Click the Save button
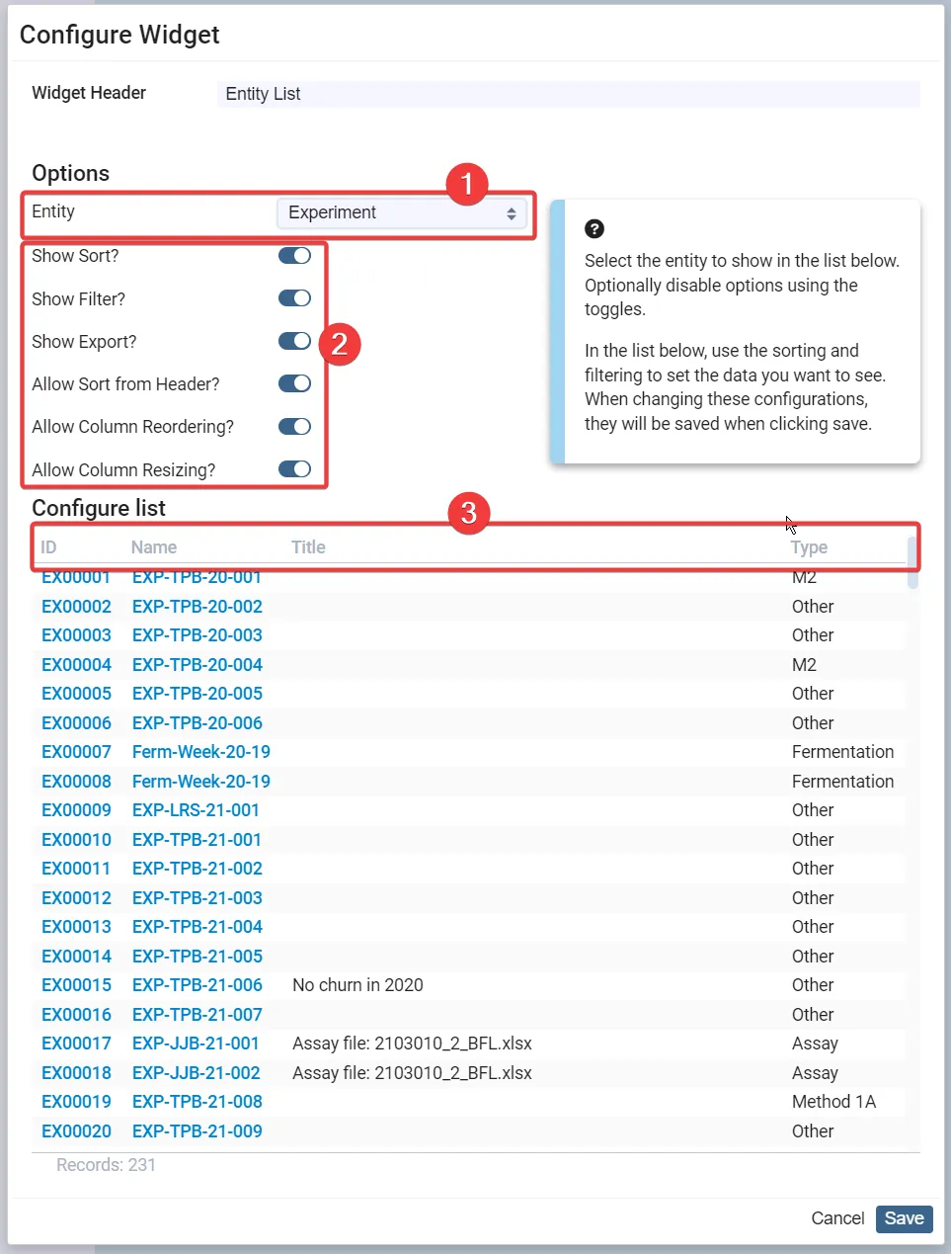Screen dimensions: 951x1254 pyautogui.click(x=905, y=1218)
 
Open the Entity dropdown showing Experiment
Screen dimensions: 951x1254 pyautogui.click(x=401, y=213)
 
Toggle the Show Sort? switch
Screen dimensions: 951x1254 pyautogui.click(x=294, y=255)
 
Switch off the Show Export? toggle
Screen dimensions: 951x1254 pyautogui.click(x=294, y=341)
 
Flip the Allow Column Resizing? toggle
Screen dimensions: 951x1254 pyautogui.click(x=294, y=469)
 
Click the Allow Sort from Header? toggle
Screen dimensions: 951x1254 pyautogui.click(x=294, y=384)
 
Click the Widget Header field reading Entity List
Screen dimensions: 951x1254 pyautogui.click(x=568, y=94)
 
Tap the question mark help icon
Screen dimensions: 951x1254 pyautogui.click(x=594, y=229)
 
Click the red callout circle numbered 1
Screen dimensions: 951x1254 pyautogui.click(x=467, y=185)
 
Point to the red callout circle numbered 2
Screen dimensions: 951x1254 pyautogui.click(x=340, y=345)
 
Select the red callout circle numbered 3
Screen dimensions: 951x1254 pyautogui.click(x=469, y=513)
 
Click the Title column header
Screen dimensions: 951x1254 pyautogui.click(x=308, y=547)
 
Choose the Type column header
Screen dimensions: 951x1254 pyautogui.click(x=809, y=547)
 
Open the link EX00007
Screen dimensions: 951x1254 pyautogui.click(x=76, y=752)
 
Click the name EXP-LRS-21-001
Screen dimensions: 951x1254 pyautogui.click(x=196, y=810)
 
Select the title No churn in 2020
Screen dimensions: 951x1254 pyautogui.click(x=357, y=985)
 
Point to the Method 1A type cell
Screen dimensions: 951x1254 pyautogui.click(x=833, y=1102)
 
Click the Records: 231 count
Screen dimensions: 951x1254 pyautogui.click(x=107, y=1165)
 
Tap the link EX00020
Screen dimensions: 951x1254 pyautogui.click(x=76, y=1131)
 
